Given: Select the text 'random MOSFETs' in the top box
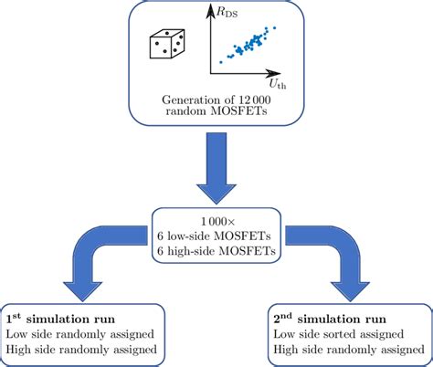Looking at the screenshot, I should click(x=216, y=113).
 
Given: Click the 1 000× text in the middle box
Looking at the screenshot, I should click(x=216, y=222).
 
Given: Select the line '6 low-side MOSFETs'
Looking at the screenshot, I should click(x=216, y=236).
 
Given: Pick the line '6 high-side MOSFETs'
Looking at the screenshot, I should click(x=216, y=252).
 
